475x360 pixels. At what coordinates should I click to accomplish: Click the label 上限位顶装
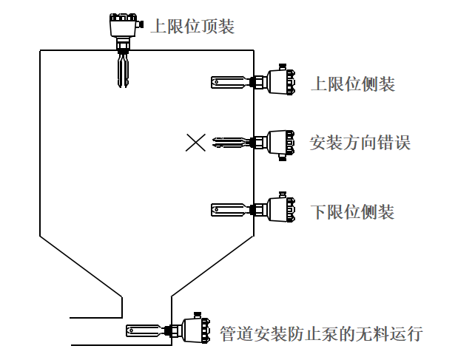(x=192, y=27)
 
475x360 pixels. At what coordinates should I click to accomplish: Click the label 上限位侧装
(x=352, y=84)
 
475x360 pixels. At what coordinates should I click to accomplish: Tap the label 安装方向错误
(x=360, y=141)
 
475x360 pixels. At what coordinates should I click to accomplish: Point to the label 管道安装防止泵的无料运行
(x=321, y=333)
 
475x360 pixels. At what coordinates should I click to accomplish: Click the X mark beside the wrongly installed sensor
(x=195, y=142)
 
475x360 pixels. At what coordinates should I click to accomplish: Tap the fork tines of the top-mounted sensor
(x=123, y=70)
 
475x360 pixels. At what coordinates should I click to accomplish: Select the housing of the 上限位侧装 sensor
(x=279, y=81)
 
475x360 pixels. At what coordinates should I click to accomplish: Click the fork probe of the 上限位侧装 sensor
(x=231, y=81)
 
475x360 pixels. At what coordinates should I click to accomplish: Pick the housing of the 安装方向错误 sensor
(x=279, y=141)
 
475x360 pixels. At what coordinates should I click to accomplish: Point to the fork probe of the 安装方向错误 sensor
(x=231, y=141)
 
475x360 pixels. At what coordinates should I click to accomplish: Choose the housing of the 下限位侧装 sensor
(x=279, y=209)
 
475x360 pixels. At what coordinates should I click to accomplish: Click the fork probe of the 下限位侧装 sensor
(x=231, y=209)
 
